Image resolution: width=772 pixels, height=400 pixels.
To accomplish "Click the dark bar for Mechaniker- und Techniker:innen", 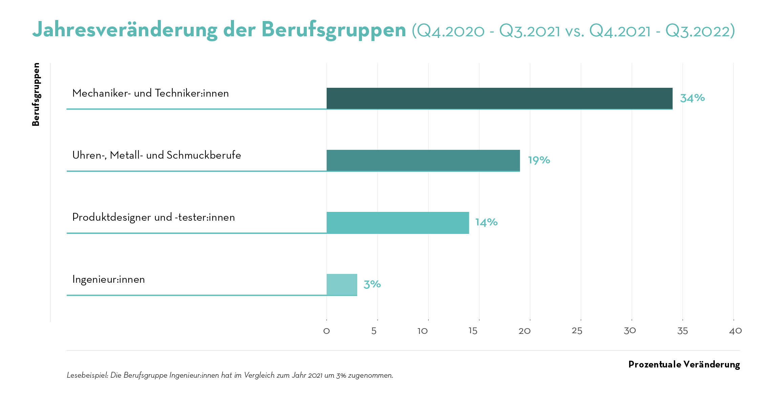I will (x=499, y=98).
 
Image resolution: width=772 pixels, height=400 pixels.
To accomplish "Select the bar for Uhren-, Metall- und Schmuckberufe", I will (x=423, y=160).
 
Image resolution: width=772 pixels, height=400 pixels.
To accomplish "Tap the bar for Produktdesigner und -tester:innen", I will (x=398, y=222).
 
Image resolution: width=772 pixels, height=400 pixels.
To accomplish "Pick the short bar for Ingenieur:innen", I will (x=342, y=284).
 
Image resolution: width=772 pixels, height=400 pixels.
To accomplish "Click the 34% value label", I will (x=692, y=98).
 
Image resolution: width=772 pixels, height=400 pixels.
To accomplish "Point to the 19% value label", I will (x=539, y=160).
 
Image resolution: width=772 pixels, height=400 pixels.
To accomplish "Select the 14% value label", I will (x=486, y=222).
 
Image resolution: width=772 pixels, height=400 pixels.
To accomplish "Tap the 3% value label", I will (x=372, y=284).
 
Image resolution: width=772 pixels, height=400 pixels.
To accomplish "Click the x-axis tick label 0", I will (x=326, y=331).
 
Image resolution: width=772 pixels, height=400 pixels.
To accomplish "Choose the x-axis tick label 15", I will (x=473, y=331).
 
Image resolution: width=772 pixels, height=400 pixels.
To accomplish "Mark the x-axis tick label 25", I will (x=577, y=331).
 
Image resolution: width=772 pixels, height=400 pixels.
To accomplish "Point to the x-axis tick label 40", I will (x=735, y=331).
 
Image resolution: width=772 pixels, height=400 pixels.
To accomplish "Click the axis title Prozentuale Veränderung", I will (x=684, y=364).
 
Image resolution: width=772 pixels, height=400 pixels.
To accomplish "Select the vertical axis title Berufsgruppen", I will (x=36, y=94).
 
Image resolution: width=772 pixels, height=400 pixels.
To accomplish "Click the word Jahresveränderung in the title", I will (x=125, y=30).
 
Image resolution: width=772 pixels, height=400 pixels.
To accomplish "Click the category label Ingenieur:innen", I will (x=108, y=279).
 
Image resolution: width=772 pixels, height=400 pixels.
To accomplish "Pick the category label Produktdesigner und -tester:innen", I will (x=153, y=217).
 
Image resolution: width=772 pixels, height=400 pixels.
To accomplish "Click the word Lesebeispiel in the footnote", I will (x=87, y=375).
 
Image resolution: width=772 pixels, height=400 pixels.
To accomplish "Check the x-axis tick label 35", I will (x=682, y=331).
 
